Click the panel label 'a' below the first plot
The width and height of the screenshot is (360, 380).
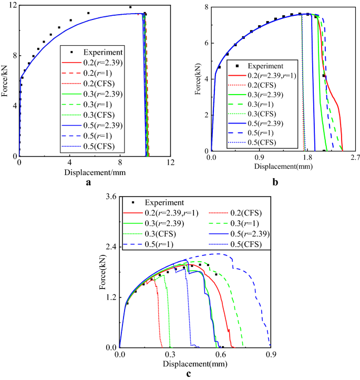coord(88,183)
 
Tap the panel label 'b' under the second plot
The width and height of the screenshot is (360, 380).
coord(275,183)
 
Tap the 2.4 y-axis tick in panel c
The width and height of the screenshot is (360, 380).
coord(112,247)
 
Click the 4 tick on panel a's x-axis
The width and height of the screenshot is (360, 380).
coord(69,162)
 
